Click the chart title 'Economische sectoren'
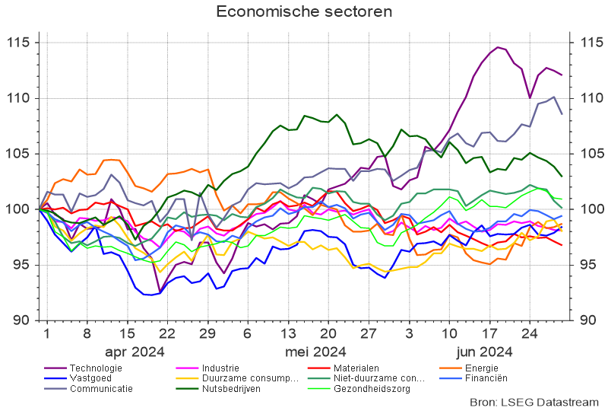304,11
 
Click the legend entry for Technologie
95,368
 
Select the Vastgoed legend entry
90,378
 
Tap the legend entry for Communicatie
100,388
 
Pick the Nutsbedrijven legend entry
231,388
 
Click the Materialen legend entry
356,368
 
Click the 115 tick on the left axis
17,43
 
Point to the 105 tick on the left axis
17,154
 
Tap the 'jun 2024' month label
484,352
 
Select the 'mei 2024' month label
315,352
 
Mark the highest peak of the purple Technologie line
499,47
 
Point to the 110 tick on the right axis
591,98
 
